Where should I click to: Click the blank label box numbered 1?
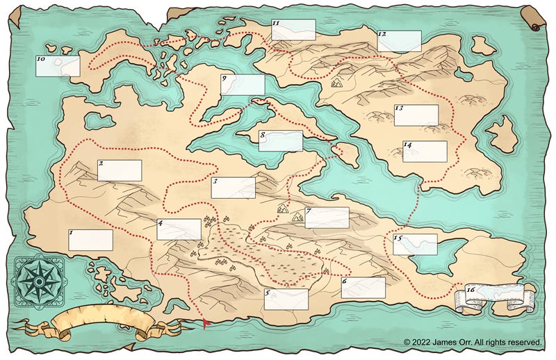click(x=91, y=240)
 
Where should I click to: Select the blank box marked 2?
click(x=120, y=170)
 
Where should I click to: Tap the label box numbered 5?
click(x=286, y=299)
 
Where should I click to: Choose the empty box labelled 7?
click(x=327, y=218)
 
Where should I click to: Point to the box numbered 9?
click(x=243, y=85)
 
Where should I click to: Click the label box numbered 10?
click(x=58, y=66)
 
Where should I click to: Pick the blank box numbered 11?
click(x=293, y=30)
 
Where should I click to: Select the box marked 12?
click(x=400, y=41)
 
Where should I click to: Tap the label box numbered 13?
click(x=416, y=115)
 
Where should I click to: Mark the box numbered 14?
click(x=425, y=152)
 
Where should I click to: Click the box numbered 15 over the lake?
click(x=415, y=244)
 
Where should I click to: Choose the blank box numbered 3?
click(x=234, y=188)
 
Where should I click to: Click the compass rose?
click(x=38, y=279)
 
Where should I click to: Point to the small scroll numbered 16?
click(x=495, y=295)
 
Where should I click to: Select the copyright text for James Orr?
click(x=472, y=342)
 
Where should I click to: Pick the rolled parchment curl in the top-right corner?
click(x=533, y=17)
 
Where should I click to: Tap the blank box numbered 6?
click(x=363, y=288)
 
